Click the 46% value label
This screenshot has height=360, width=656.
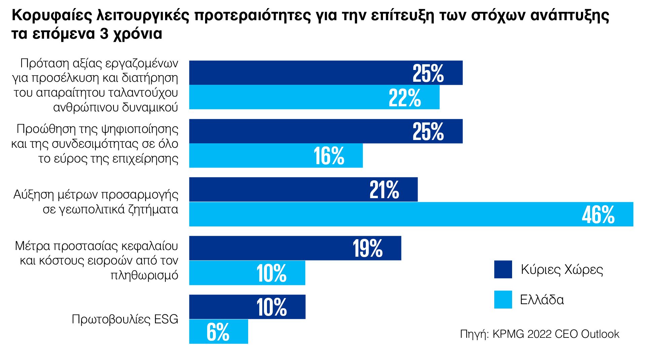click(598, 215)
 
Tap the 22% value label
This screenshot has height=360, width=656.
click(404, 98)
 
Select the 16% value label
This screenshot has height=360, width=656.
click(329, 156)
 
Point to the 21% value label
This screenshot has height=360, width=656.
click(384, 190)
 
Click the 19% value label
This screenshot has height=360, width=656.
click(368, 249)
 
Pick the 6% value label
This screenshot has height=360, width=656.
click(218, 332)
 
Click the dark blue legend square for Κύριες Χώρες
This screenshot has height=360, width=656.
click(503, 269)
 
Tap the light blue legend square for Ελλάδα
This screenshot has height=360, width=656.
click(503, 299)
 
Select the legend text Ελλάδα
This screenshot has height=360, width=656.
click(542, 299)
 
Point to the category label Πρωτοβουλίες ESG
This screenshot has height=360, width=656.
click(125, 319)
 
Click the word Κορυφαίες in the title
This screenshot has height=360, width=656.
click(52, 15)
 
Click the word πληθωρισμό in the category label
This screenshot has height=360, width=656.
click(144, 275)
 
